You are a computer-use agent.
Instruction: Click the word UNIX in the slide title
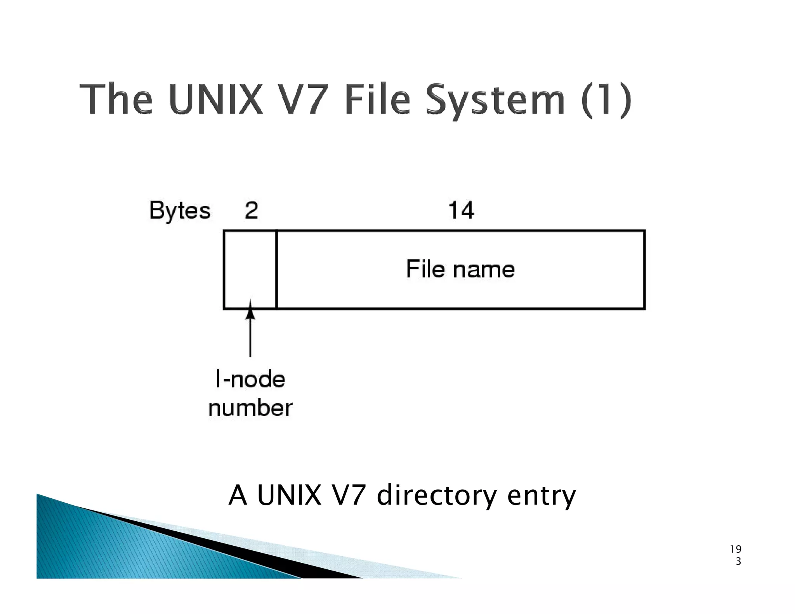point(216,99)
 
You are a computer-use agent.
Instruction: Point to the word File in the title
point(377,99)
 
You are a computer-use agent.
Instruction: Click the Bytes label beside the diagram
point(179,211)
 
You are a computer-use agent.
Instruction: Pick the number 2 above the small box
point(251,210)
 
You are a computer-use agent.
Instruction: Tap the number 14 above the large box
point(461,210)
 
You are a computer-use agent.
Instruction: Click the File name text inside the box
point(460,269)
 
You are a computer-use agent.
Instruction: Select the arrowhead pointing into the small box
point(250,310)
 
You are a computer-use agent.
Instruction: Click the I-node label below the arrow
point(250,379)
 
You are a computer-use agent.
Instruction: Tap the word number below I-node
point(250,408)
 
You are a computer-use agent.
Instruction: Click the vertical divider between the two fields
point(276,270)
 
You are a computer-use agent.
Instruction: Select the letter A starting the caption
point(238,495)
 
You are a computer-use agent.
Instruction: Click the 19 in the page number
point(735,549)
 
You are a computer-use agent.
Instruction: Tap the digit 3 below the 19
point(738,561)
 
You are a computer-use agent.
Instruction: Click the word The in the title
point(116,99)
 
